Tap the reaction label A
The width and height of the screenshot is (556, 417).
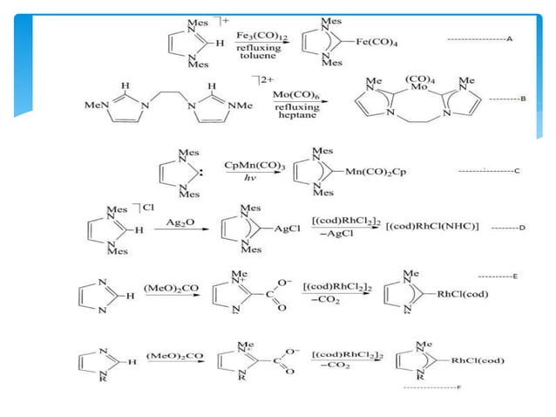pos(509,40)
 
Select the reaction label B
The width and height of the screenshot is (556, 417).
pos(523,99)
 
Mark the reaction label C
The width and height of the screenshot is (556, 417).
pos(516,171)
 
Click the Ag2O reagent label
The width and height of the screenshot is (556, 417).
pos(179,223)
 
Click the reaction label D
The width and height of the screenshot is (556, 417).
pos(520,229)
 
